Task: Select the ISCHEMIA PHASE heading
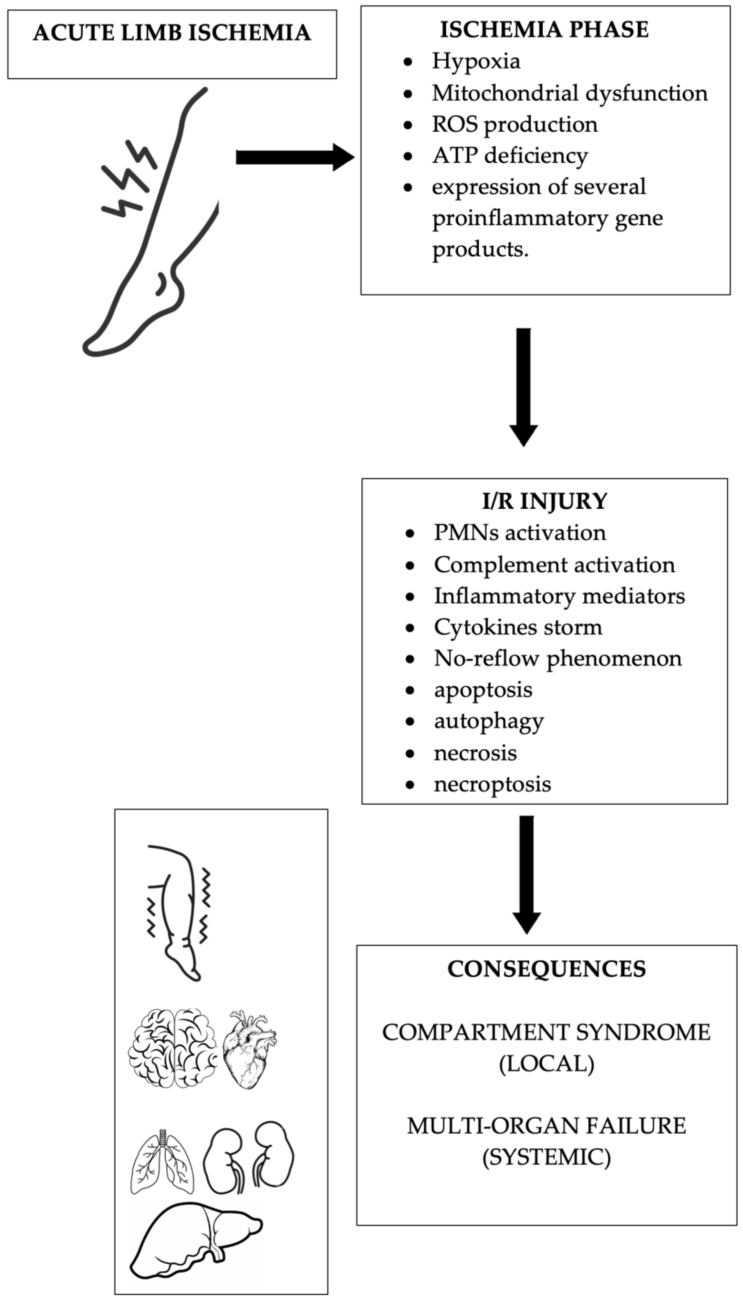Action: point(544,30)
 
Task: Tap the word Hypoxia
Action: point(476,61)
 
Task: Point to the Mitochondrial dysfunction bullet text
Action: point(570,93)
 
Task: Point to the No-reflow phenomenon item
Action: point(557,658)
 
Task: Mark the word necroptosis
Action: point(492,784)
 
